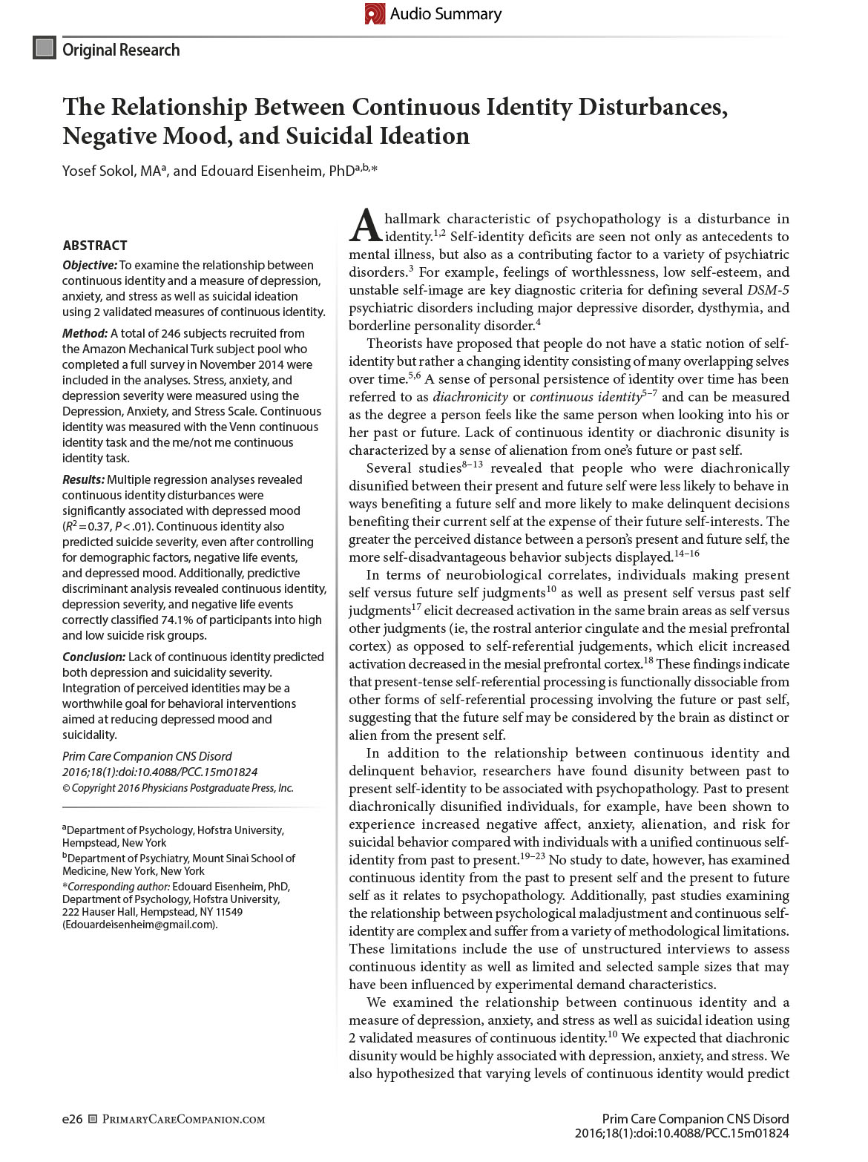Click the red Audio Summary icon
[375, 13]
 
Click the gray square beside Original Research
[45, 48]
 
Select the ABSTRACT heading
[95, 246]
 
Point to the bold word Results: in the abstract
[83, 479]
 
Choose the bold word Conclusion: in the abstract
[93, 657]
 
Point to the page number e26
[72, 1119]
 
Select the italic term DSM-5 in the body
[768, 290]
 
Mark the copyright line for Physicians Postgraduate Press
[177, 788]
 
